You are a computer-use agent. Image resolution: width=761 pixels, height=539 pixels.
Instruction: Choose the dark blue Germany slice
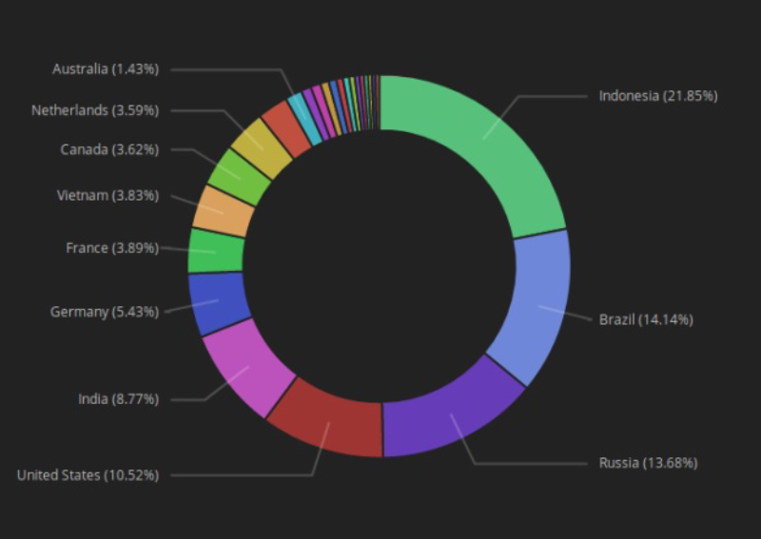pyautogui.click(x=218, y=302)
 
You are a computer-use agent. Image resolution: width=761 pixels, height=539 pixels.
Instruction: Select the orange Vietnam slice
pyautogui.click(x=224, y=211)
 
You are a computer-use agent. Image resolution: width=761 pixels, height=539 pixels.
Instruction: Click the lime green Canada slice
pyautogui.click(x=239, y=176)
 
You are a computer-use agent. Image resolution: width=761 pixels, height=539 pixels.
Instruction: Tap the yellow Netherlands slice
pyautogui.click(x=262, y=147)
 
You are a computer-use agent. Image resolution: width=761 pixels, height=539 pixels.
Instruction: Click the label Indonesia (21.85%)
pyautogui.click(x=657, y=96)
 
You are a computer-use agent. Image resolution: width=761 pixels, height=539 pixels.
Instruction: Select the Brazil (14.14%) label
pyautogui.click(x=646, y=319)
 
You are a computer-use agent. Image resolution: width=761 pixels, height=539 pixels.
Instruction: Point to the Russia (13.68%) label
pyautogui.click(x=648, y=463)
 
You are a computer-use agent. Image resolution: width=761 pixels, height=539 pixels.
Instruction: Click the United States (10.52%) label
pyautogui.click(x=88, y=474)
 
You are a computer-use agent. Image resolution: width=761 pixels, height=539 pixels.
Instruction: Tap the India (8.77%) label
pyautogui.click(x=118, y=399)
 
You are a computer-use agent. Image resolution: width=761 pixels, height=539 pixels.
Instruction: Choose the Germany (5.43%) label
pyautogui.click(x=105, y=312)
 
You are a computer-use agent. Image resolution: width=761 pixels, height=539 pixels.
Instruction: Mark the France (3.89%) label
pyautogui.click(x=112, y=248)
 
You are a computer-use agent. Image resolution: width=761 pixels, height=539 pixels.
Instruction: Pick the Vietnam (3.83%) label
pyautogui.click(x=107, y=196)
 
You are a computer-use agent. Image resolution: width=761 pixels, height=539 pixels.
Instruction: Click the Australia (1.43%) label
pyautogui.click(x=106, y=68)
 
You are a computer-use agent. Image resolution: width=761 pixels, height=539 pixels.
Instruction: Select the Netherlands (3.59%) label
pyautogui.click(x=95, y=110)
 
